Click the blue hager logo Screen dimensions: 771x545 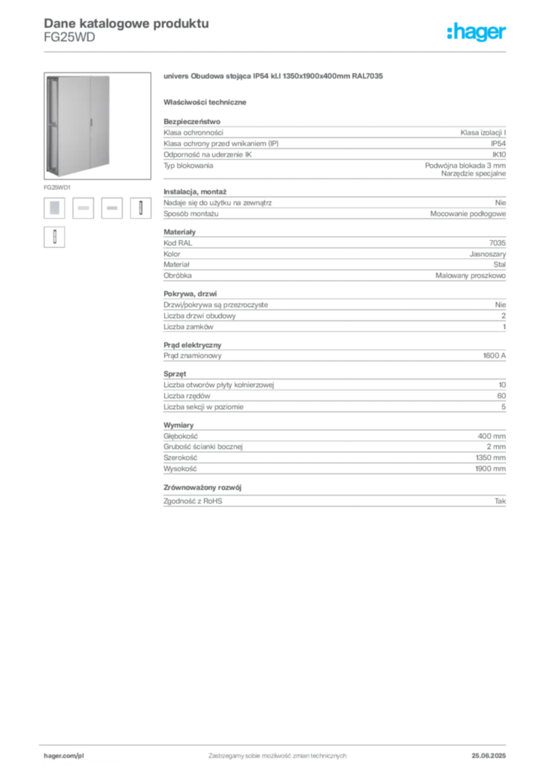click(x=478, y=32)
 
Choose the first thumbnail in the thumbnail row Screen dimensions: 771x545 click(x=54, y=209)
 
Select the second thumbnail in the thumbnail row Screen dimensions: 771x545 click(x=83, y=209)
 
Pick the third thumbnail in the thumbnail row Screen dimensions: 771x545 click(x=111, y=209)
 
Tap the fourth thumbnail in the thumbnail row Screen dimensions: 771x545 click(x=138, y=209)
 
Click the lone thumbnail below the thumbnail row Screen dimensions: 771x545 click(x=54, y=238)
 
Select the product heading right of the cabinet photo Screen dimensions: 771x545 click(x=274, y=78)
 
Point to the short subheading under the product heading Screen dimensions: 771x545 click(x=208, y=102)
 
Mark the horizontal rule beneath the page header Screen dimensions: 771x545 click(x=277, y=51)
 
